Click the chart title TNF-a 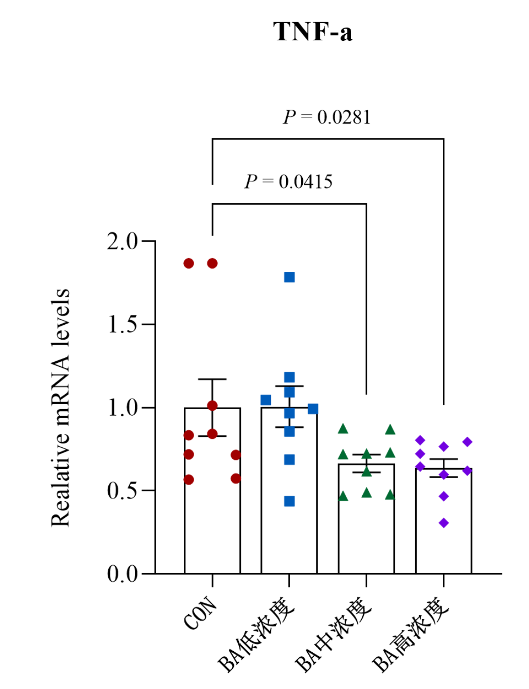[312, 32]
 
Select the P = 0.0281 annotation [326, 117]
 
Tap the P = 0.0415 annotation [288, 182]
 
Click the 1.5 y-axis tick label [122, 325]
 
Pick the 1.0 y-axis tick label [122, 408]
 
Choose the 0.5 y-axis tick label [122, 491]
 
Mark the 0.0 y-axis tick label [122, 574]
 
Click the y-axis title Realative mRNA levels [60, 408]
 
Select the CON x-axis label [201, 614]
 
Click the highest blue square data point [289, 277]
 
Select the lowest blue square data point [289, 501]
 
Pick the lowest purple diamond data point [444, 523]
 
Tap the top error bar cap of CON [212, 379]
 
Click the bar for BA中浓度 [366, 523]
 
